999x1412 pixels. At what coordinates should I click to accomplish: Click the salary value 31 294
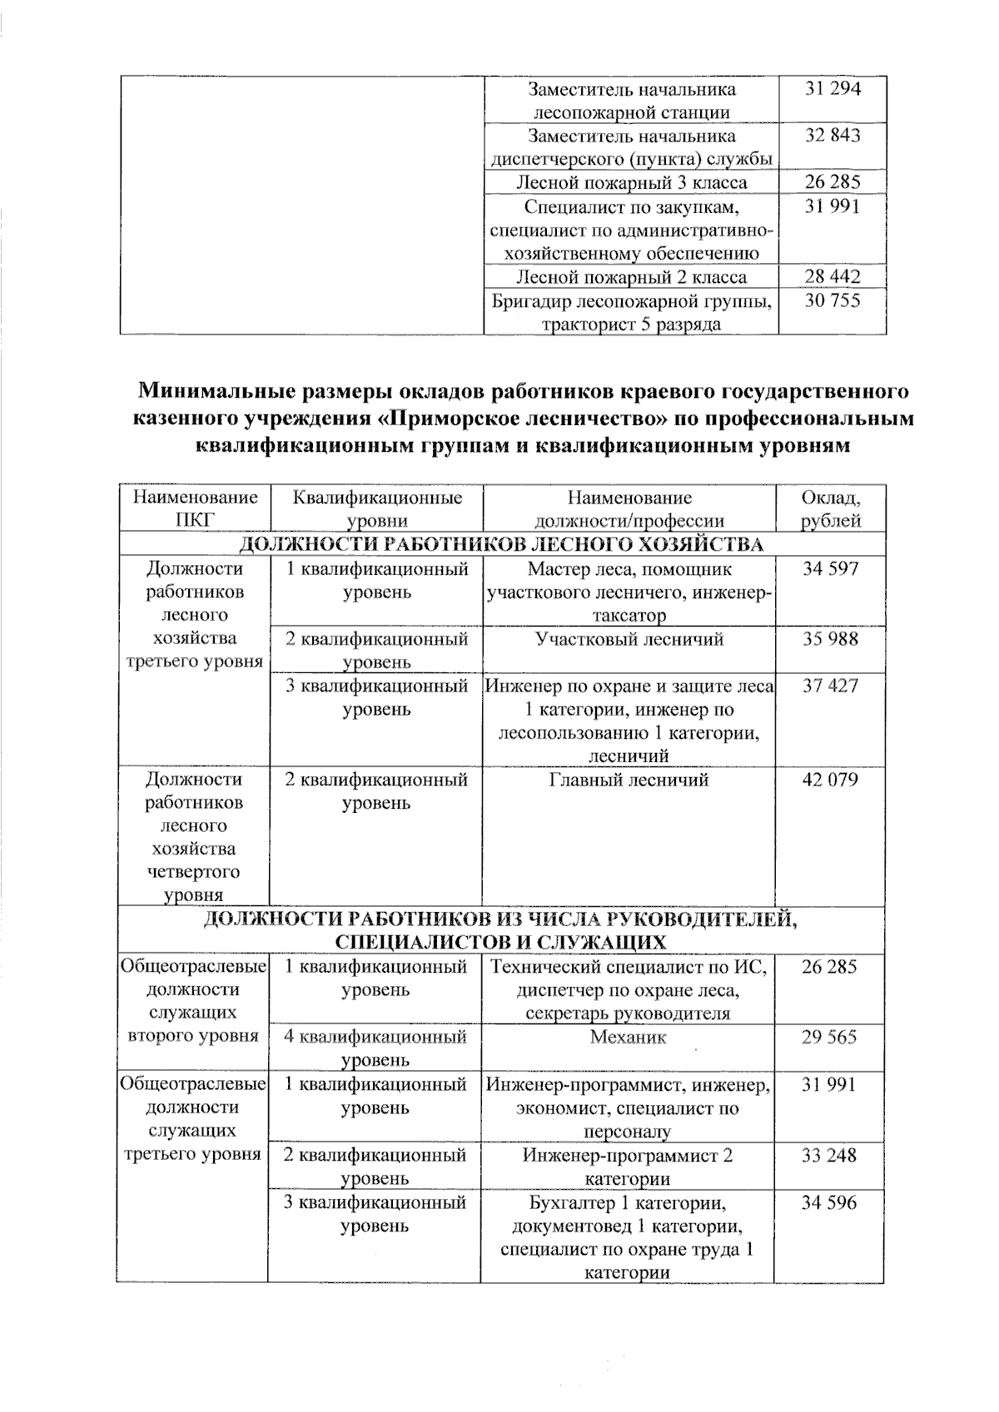[832, 89]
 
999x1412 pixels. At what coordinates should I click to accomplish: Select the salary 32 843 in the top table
[832, 136]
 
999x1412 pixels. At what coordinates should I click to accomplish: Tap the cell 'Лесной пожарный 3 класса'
[631, 183]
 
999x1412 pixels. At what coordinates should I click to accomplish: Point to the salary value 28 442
[832, 277]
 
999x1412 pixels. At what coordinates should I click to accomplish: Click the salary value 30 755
[832, 300]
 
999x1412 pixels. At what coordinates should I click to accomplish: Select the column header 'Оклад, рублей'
[830, 509]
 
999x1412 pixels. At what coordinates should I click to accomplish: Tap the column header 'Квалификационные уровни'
[376, 509]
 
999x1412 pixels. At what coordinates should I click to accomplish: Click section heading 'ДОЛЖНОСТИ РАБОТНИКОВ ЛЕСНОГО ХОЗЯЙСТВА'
[501, 545]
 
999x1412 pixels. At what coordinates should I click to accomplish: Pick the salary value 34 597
[829, 569]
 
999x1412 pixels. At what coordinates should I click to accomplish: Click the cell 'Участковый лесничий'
[629, 640]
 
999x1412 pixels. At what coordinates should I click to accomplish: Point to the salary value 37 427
[829, 686]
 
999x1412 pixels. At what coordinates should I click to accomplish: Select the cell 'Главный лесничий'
[629, 780]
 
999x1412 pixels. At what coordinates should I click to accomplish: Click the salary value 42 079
[829, 780]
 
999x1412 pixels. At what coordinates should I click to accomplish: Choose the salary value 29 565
[829, 1038]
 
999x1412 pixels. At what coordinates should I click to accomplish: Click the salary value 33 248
[829, 1156]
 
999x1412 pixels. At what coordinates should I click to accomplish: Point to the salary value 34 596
[829, 1203]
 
